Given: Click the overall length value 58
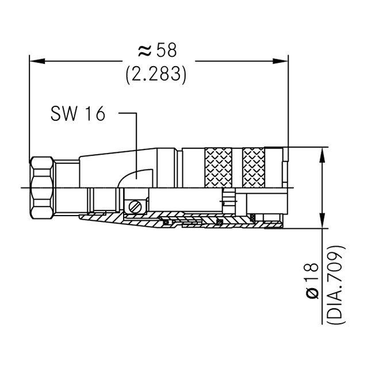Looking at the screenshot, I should [x=167, y=50].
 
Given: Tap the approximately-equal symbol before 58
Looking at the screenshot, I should [x=144, y=51].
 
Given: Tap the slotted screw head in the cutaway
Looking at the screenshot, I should [x=136, y=205].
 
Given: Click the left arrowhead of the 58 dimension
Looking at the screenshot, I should [x=34, y=59].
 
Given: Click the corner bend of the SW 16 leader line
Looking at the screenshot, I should [x=136, y=113].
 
